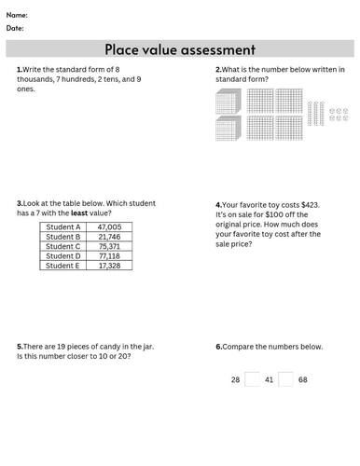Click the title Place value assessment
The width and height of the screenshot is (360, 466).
pos(180,48)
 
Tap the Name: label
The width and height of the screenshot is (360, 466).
pos(17,15)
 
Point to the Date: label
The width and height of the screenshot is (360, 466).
pos(16,28)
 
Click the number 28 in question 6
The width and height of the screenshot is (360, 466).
pos(236,380)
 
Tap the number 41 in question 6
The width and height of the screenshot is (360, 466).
pos(270,380)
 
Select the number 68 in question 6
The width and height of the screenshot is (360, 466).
pos(303,380)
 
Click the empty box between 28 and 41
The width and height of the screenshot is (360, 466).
pos(253,379)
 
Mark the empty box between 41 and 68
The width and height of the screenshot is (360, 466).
pos(286,379)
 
